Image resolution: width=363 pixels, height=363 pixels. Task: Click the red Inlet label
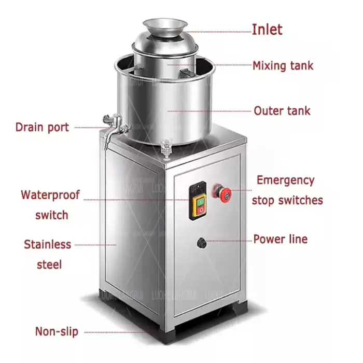[267, 30]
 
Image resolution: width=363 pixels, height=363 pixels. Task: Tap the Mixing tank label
[283, 66]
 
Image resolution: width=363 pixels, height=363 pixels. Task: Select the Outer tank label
[282, 110]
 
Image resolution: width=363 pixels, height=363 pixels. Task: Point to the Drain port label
[42, 127]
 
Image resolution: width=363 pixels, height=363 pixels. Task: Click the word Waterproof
[50, 195]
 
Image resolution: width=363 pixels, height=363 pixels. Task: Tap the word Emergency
[285, 180]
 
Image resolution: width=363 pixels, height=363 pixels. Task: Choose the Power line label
[280, 239]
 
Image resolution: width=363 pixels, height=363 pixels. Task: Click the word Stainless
[48, 244]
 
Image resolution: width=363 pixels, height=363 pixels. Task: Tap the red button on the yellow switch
[199, 208]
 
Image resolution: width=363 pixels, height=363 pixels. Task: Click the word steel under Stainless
[49, 264]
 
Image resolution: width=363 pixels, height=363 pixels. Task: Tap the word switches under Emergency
[287, 200]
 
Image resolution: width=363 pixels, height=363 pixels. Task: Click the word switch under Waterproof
[52, 215]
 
